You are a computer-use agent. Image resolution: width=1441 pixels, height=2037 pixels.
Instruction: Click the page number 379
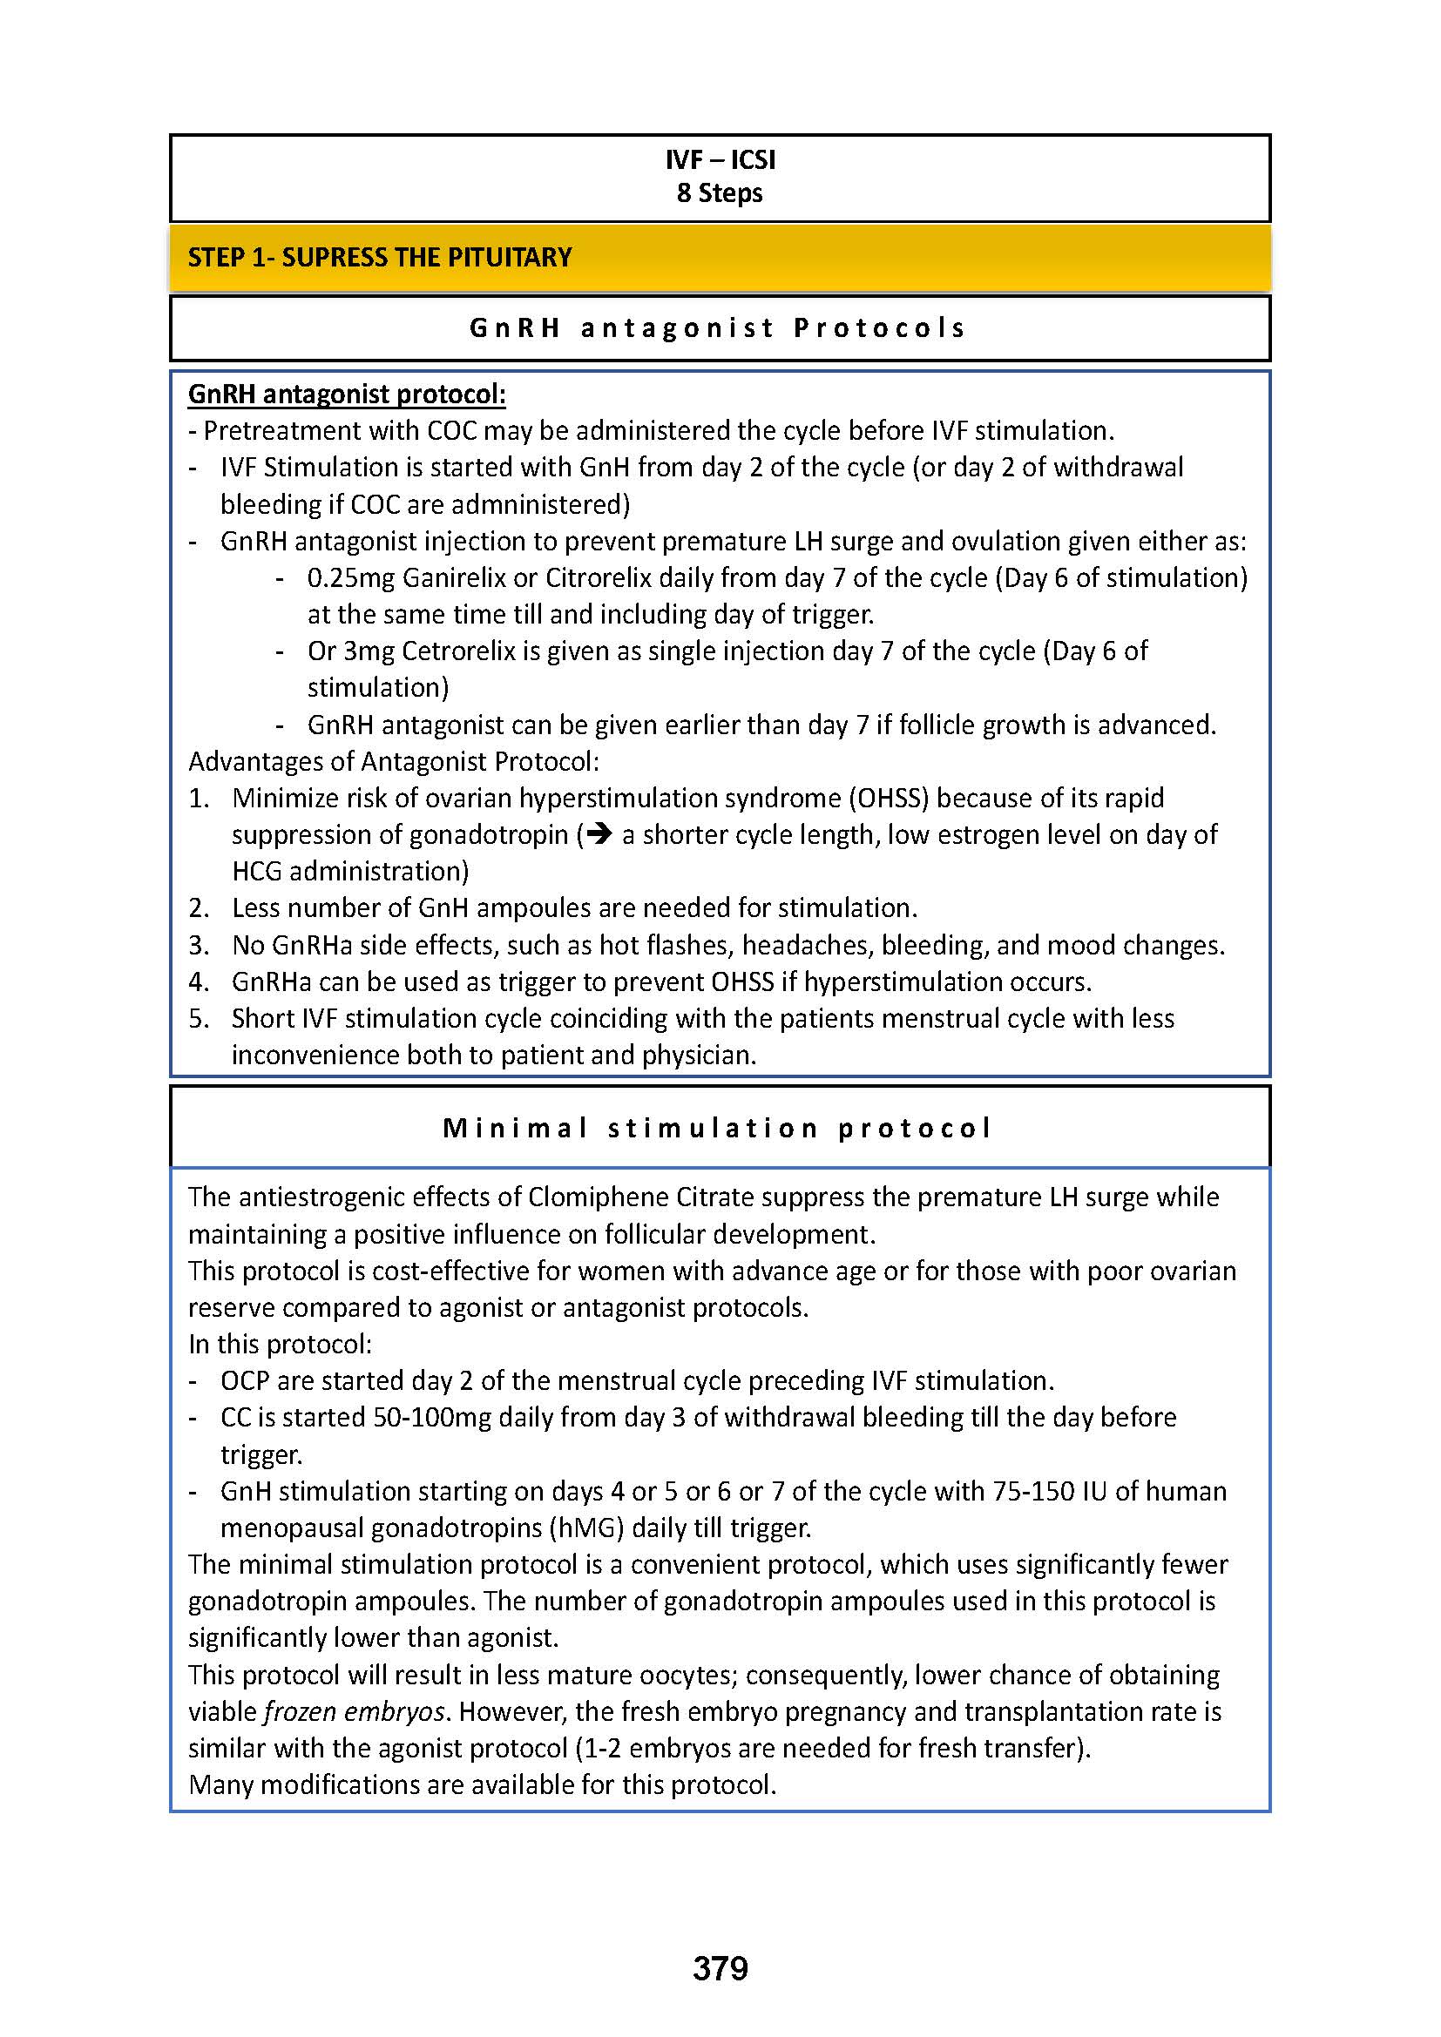(x=720, y=1969)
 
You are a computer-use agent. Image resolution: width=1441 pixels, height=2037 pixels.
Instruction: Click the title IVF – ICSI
(x=720, y=159)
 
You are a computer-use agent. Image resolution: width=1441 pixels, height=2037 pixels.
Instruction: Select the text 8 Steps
(x=720, y=193)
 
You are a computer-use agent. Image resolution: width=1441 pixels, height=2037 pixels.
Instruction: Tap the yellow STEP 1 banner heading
(x=380, y=257)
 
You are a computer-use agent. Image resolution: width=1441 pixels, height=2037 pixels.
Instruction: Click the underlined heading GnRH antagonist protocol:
(x=347, y=394)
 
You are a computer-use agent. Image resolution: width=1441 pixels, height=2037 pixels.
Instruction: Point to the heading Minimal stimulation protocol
(x=717, y=1129)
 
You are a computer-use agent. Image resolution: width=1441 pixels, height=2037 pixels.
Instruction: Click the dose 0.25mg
(x=351, y=578)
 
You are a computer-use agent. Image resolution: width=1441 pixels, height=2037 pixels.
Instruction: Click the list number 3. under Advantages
(x=199, y=946)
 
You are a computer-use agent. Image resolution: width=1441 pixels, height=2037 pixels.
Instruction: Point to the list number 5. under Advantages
(x=199, y=1019)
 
